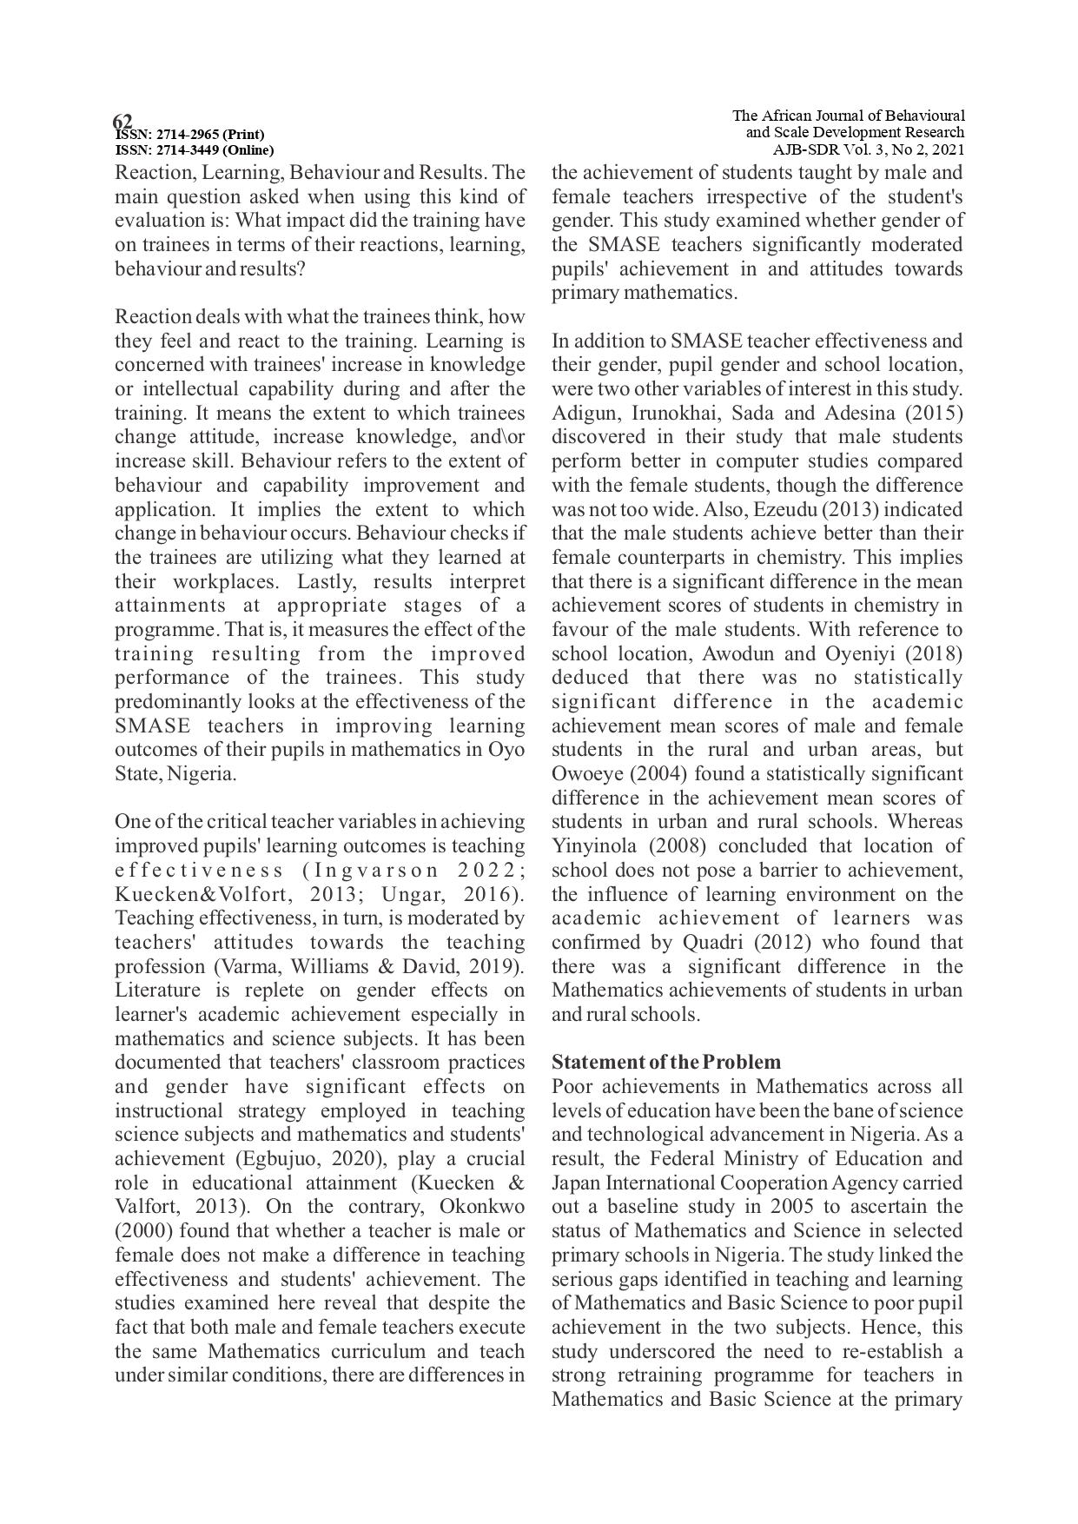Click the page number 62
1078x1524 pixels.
(122, 120)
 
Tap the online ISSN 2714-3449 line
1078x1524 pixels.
(195, 149)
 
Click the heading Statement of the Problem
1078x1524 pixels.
(666, 1063)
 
